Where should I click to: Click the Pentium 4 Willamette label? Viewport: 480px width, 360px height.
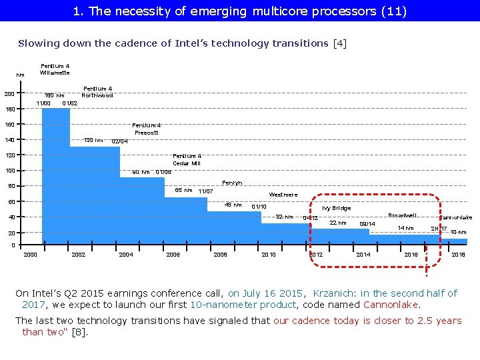(x=55, y=69)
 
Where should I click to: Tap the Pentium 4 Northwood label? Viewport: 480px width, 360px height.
(x=97, y=92)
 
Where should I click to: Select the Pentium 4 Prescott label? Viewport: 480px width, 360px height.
(x=146, y=129)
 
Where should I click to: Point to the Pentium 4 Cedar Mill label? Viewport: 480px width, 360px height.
(x=187, y=159)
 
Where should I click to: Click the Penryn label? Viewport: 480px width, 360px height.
(x=231, y=182)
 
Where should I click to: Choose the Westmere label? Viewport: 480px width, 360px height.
(x=283, y=195)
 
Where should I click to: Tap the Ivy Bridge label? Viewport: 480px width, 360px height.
(x=336, y=208)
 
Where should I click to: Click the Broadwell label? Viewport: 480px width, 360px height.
(x=403, y=215)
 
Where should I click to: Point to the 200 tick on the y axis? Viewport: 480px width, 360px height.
(x=9, y=93)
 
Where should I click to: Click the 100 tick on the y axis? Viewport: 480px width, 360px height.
(x=9, y=171)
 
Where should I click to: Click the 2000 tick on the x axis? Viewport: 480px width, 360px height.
(x=31, y=255)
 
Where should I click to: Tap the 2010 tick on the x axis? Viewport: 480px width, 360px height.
(x=269, y=255)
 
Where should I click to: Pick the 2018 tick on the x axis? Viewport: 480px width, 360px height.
(x=459, y=255)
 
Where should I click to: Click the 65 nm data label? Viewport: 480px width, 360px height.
(x=183, y=190)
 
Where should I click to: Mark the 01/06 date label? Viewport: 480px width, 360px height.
(x=163, y=172)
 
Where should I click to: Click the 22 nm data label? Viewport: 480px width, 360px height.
(x=338, y=223)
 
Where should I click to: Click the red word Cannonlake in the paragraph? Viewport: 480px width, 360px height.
(x=391, y=305)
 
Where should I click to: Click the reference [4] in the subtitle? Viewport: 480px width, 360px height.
(x=339, y=43)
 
